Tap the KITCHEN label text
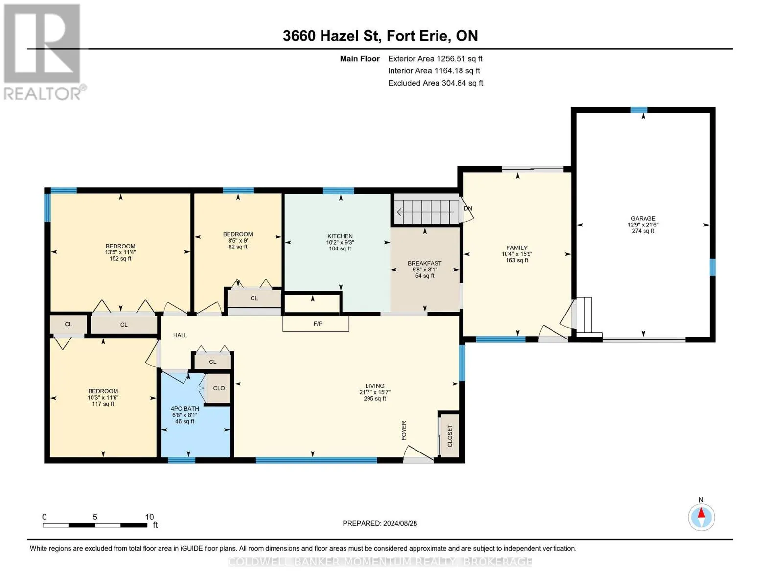click(340, 236)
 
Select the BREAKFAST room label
click(425, 263)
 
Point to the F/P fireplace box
click(316, 323)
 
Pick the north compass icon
click(701, 517)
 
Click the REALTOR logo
click(44, 52)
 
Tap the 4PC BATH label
click(184, 408)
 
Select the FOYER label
click(404, 430)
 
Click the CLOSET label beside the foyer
click(450, 436)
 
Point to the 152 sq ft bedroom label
click(120, 252)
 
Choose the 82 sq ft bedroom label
click(238, 240)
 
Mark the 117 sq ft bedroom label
click(103, 397)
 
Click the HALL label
click(180, 335)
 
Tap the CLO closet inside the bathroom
click(219, 388)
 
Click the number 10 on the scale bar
click(149, 517)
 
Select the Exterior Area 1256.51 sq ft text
click(435, 59)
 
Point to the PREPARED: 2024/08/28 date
click(380, 523)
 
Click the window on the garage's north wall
click(639, 110)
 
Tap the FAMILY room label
click(517, 248)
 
